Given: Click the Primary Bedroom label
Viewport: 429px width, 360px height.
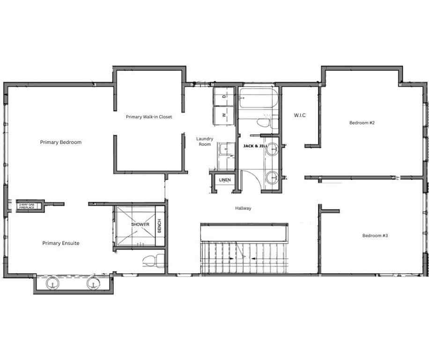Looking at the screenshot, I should (60, 142).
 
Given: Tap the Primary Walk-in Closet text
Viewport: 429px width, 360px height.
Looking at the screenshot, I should (149, 117).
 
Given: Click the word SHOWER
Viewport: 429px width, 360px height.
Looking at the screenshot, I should (140, 225).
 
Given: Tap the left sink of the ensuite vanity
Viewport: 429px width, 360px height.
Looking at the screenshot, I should (52, 283).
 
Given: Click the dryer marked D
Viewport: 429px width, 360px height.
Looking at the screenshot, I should (224, 96).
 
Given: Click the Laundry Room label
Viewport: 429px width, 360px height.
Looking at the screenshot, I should (205, 142).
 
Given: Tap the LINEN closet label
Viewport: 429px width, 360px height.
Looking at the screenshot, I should (225, 180).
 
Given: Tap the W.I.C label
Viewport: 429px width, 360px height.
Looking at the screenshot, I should (300, 115).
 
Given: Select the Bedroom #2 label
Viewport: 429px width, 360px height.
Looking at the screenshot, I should (362, 123).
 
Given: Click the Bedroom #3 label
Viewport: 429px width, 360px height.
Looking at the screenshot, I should (375, 235).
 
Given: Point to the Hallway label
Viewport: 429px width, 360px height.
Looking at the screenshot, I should (243, 208).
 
